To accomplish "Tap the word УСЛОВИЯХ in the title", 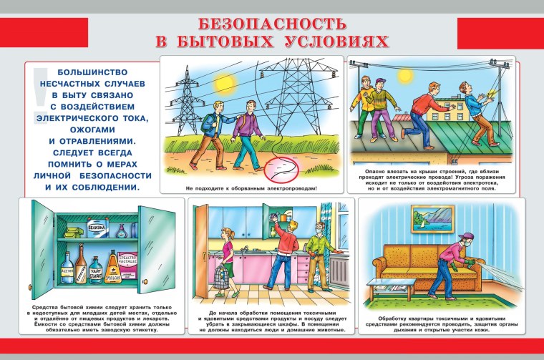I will (x=333, y=41).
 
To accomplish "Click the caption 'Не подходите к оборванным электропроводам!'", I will (x=251, y=189).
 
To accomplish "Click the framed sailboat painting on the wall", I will (x=433, y=218).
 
